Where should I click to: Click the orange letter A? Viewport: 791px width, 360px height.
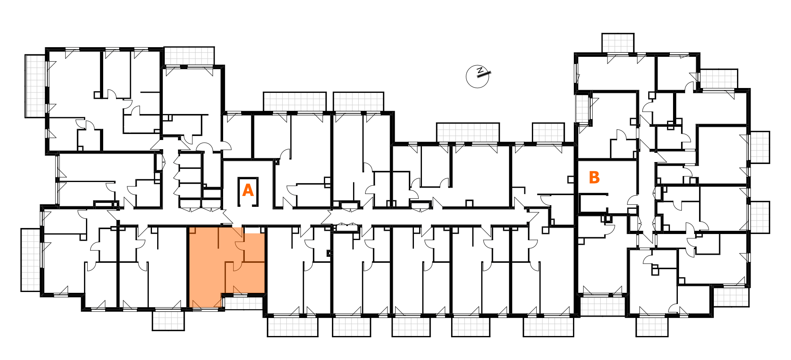pos(248,190)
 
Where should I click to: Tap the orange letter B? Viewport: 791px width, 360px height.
pos(594,178)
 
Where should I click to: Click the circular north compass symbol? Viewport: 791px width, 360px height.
pos(477,76)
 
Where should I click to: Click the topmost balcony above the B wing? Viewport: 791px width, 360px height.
pos(618,43)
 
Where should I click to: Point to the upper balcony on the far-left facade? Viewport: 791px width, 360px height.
pos(36,86)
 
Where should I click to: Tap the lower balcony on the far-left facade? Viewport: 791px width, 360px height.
pos(31,260)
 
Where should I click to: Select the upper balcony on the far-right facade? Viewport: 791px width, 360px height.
pos(759,147)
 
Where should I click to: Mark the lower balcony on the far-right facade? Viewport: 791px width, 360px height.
pos(759,217)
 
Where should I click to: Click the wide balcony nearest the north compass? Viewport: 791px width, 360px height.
pos(468,132)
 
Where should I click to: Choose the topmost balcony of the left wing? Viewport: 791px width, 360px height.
pos(189,56)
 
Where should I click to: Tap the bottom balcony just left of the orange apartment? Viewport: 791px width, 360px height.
pos(168,321)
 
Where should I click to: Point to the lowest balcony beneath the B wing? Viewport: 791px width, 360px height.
pos(652,327)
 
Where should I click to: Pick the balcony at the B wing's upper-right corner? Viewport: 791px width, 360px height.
pos(719,79)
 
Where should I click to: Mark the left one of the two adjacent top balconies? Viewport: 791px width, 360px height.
pos(295,102)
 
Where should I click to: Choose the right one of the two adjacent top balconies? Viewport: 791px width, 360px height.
pos(358,102)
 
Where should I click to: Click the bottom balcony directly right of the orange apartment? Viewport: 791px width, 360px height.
pos(293,327)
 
